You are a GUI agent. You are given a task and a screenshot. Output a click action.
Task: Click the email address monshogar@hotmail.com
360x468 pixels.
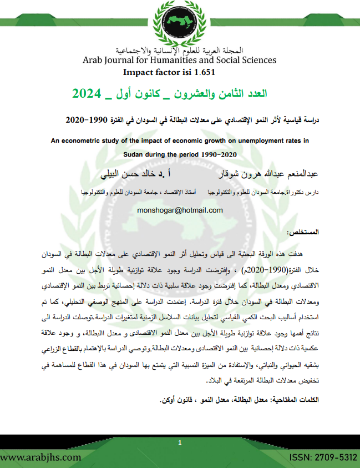point(179,210)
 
